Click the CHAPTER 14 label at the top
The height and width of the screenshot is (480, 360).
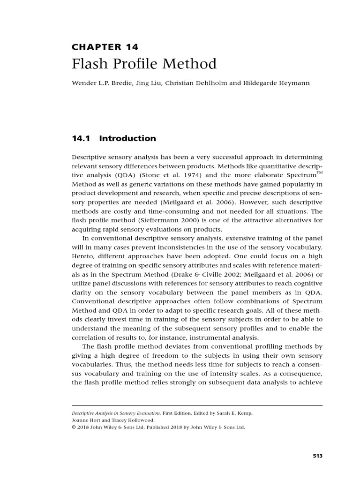pos(105,46)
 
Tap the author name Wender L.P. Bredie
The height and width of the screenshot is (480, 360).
pos(97,83)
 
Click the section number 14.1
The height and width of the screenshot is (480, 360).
pos(79,138)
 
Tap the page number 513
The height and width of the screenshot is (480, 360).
pos(317,455)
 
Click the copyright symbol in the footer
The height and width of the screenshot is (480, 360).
pos(74,427)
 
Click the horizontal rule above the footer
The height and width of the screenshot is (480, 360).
pos(197,405)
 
